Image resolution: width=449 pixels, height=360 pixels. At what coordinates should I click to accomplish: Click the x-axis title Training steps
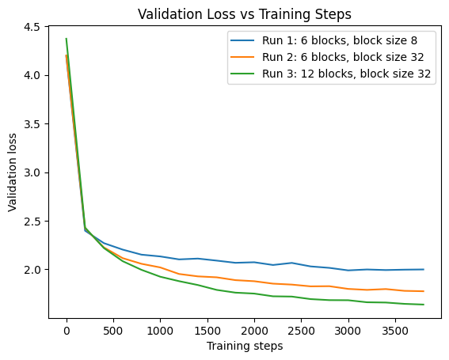(x=245, y=346)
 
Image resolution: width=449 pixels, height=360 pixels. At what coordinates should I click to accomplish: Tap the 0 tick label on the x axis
(x=67, y=329)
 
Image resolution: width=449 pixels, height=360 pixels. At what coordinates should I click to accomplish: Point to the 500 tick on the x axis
(x=113, y=329)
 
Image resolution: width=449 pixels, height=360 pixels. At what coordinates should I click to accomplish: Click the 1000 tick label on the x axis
(x=160, y=329)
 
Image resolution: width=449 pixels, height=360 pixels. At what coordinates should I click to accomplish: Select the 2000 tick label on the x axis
(x=253, y=329)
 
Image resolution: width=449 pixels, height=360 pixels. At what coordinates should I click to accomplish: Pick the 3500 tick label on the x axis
(x=394, y=329)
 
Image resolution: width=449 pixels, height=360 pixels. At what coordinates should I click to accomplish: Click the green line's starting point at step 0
(x=67, y=39)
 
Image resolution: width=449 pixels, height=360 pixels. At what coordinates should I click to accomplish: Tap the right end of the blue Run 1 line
(x=423, y=270)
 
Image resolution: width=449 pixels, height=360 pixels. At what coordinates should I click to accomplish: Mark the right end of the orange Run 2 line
(x=423, y=291)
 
